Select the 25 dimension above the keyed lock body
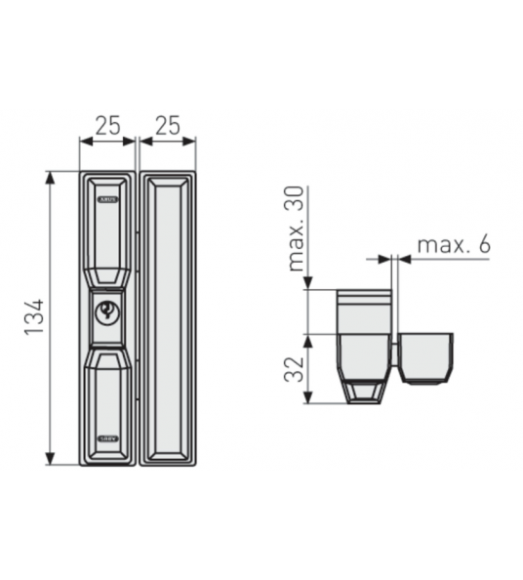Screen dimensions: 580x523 point(107,125)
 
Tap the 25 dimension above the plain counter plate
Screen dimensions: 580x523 point(168,125)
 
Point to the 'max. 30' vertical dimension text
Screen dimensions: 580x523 point(298,228)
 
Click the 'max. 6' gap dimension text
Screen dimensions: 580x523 point(453,244)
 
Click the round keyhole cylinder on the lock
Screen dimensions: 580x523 point(107,311)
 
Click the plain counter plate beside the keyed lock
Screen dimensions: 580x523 point(168,317)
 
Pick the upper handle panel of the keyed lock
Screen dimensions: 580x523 point(107,234)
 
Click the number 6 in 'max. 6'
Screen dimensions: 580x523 point(483,244)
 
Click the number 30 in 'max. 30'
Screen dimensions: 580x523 point(298,201)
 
